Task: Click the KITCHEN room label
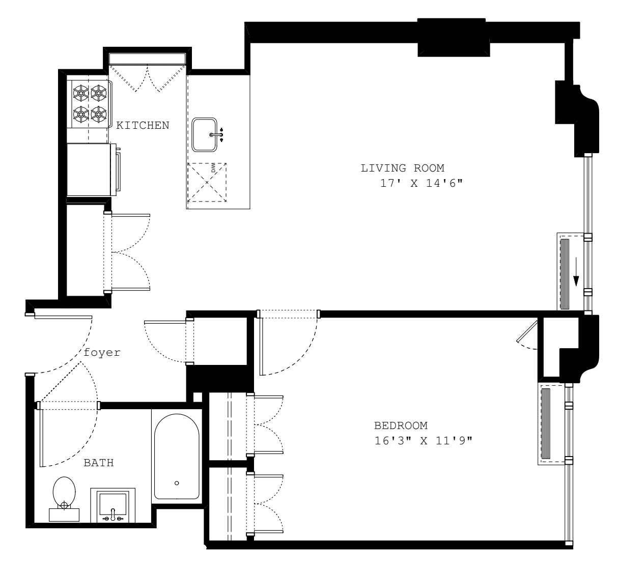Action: (x=143, y=125)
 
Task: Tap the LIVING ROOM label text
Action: (x=402, y=168)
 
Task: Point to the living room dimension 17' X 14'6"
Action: (x=421, y=184)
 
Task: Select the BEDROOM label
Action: (x=401, y=425)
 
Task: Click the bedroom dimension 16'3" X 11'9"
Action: (x=423, y=440)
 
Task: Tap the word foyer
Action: (x=102, y=352)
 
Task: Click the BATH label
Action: (x=98, y=463)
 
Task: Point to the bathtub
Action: (x=177, y=457)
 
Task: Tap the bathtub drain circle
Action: (x=177, y=483)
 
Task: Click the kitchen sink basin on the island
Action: (x=205, y=135)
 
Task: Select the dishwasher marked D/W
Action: (x=207, y=182)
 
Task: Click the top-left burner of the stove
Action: (x=80, y=93)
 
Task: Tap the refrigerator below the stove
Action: (x=89, y=169)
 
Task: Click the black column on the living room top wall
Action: (x=453, y=37)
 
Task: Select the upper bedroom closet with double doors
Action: (x=228, y=424)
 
